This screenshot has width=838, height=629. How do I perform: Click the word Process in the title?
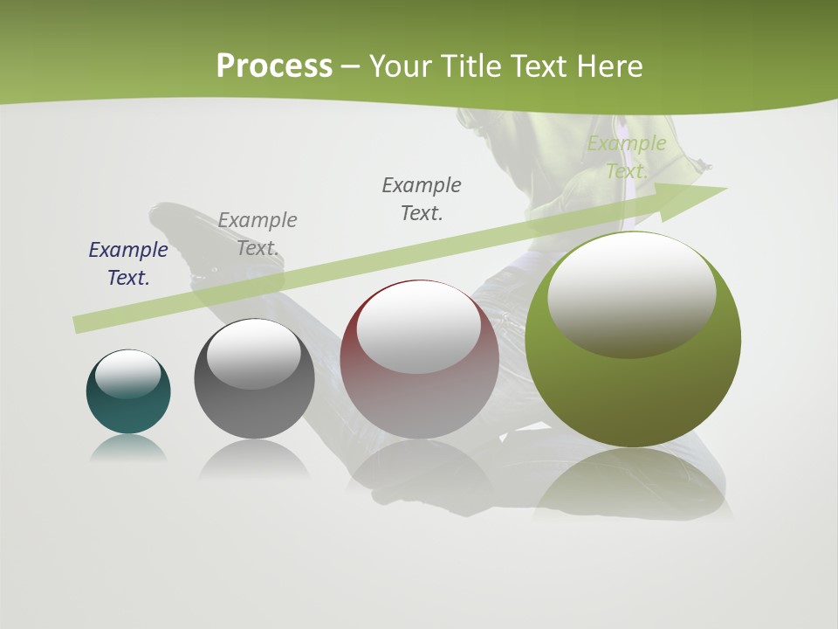(274, 66)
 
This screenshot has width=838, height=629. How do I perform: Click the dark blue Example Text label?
(128, 263)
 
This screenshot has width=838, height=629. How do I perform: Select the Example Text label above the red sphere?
(422, 198)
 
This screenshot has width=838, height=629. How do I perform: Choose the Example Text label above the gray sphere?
(258, 233)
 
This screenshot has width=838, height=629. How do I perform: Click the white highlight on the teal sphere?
(127, 374)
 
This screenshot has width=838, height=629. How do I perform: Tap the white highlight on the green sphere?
(631, 295)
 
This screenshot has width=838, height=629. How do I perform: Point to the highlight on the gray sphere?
(253, 354)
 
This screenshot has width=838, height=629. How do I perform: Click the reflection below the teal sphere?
(128, 449)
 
